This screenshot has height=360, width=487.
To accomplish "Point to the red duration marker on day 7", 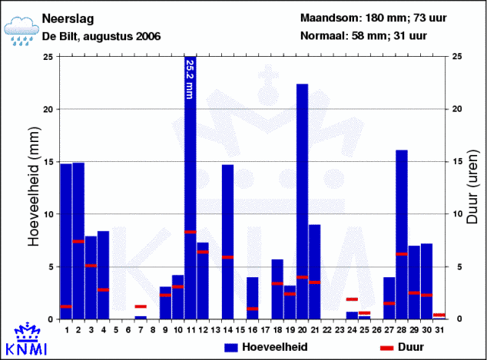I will [x=141, y=306].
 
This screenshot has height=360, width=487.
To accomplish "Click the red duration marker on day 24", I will [x=352, y=299].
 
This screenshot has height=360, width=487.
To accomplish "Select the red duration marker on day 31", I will [x=439, y=315].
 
